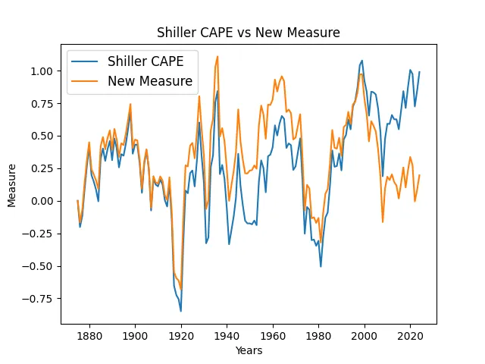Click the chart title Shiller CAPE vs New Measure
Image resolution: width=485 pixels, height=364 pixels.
[249, 33]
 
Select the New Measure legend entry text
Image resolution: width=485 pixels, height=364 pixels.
[150, 80]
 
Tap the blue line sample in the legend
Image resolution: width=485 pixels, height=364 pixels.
[86, 61]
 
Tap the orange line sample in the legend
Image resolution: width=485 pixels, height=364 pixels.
[86, 80]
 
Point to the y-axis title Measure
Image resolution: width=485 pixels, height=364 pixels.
[11, 184]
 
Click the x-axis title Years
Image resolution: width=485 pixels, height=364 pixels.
[249, 350]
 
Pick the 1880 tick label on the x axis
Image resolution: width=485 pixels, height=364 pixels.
[89, 334]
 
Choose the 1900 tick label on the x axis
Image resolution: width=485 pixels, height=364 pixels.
[135, 334]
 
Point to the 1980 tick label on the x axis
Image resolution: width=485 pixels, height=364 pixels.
[318, 334]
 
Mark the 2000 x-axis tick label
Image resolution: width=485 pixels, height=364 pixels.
[365, 334]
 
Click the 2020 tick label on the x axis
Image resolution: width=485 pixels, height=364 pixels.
[410, 334]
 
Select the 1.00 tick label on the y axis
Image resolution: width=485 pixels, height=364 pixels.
[42, 71]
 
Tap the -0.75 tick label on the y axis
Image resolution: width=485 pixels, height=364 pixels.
[39, 298]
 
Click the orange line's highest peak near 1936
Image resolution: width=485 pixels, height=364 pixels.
[217, 56]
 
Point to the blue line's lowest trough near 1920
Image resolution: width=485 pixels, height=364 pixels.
[180, 311]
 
